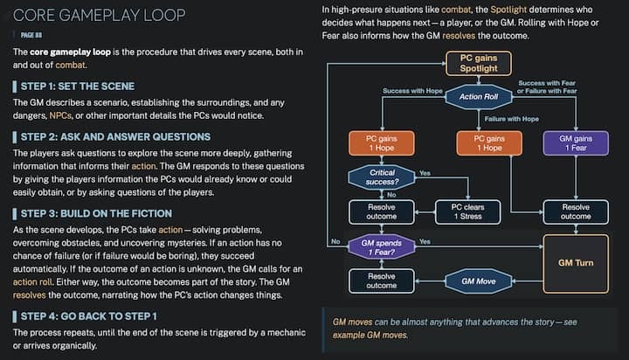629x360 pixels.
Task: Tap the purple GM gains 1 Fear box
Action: point(576,143)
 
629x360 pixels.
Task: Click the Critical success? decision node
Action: point(382,177)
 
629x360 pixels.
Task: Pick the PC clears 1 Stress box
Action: point(468,211)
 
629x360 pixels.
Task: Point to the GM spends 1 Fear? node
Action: point(382,246)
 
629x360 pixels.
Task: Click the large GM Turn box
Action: point(576,262)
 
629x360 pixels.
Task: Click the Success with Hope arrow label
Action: point(414,91)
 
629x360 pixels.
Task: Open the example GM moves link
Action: point(370,335)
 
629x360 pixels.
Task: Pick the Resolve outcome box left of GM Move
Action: point(382,280)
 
